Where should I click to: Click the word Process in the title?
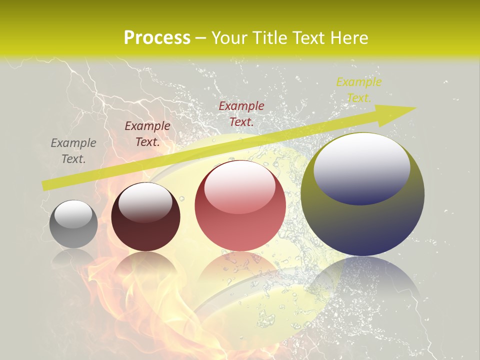pyautogui.click(x=157, y=38)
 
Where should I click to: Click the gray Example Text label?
pyautogui.click(x=73, y=151)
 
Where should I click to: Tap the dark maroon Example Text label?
pyautogui.click(x=147, y=134)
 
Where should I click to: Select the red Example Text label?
pyautogui.click(x=241, y=114)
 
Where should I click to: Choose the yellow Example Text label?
pyautogui.click(x=358, y=90)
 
